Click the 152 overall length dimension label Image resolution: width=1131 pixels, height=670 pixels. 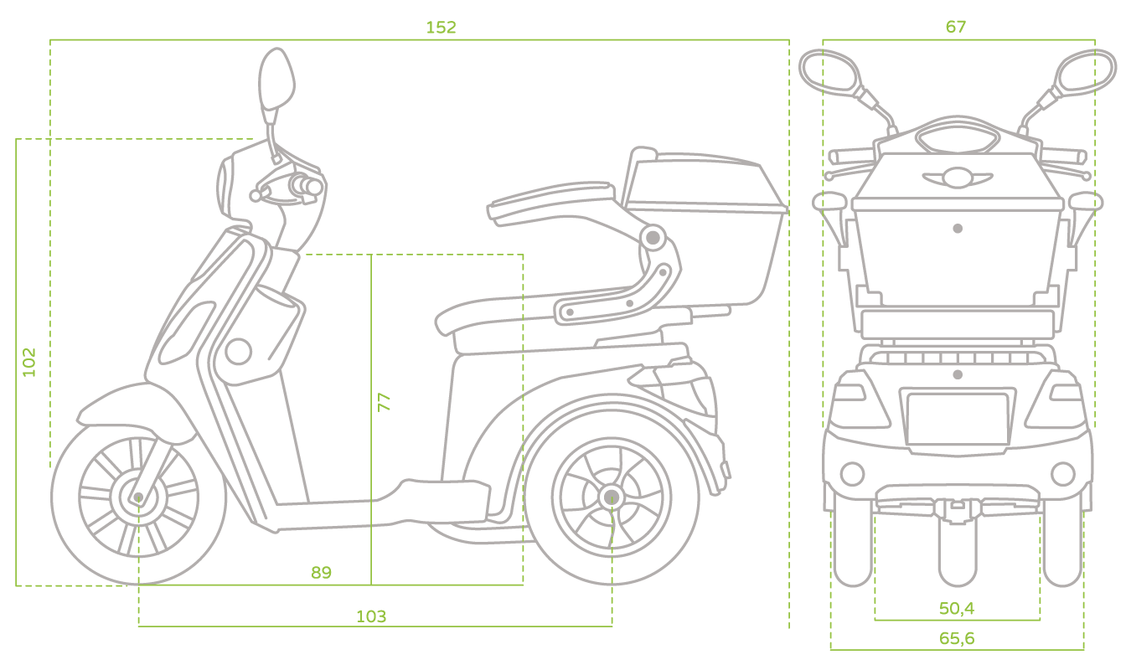[441, 28]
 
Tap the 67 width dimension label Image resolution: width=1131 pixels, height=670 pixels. [956, 27]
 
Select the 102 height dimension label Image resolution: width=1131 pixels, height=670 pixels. [29, 362]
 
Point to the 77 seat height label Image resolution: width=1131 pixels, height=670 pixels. [384, 402]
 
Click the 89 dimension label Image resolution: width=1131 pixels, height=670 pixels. [321, 572]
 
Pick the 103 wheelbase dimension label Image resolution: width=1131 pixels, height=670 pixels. [371, 616]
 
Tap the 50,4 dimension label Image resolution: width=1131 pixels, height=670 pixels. [956, 608]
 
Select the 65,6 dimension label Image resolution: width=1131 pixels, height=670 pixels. [956, 638]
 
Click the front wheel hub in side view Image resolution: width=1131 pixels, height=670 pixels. [138, 497]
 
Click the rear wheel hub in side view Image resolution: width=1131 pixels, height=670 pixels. [612, 497]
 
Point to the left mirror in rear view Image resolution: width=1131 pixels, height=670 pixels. [829, 72]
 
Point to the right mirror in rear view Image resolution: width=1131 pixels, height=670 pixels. [1087, 72]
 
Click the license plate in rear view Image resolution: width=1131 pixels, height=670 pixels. [958, 419]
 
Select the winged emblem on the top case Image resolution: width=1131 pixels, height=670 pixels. [958, 178]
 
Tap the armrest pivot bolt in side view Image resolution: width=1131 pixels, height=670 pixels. [653, 237]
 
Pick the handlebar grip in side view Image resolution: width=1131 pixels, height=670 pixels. [306, 186]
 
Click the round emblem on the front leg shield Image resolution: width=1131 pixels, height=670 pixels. [238, 352]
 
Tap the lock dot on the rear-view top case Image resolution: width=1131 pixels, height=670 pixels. [958, 229]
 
